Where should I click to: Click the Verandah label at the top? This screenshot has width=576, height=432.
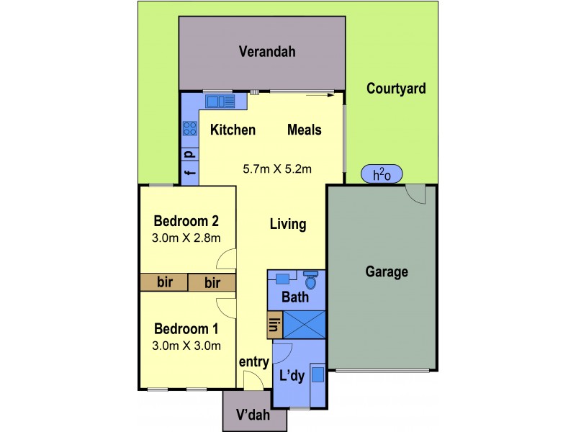[268, 52]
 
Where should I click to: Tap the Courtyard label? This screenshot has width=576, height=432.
[396, 89]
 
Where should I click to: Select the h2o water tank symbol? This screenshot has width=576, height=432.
[382, 174]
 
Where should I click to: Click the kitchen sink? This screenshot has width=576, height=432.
[220, 102]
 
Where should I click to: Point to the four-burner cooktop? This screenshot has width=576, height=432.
[190, 129]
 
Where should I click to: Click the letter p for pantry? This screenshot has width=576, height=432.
[190, 154]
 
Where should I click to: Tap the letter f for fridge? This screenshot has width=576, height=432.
[190, 173]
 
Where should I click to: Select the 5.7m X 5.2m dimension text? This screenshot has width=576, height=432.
[277, 170]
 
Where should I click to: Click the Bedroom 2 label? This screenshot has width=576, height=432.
[186, 221]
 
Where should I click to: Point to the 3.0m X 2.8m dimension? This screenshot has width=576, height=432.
[186, 238]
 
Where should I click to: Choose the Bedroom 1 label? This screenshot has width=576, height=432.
[186, 329]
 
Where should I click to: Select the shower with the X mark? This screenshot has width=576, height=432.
[305, 325]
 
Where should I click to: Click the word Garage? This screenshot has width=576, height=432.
[387, 272]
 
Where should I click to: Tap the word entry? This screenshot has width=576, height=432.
[253, 362]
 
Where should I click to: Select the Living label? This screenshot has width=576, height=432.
[288, 225]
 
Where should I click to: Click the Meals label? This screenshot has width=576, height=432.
[305, 130]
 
